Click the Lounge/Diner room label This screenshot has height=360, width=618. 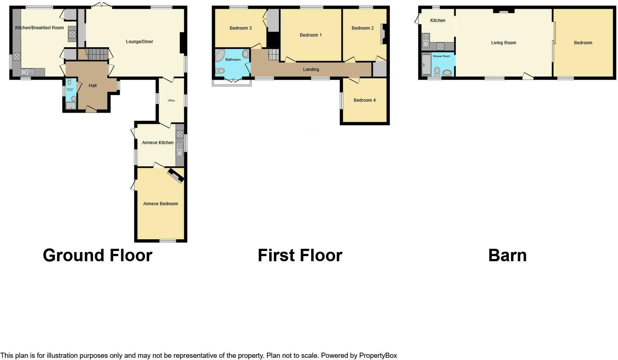139,42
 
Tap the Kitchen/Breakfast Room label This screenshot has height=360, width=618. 40,28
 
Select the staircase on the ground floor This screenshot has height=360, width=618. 97,55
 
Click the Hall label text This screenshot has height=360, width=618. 93,86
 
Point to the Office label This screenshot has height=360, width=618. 171,101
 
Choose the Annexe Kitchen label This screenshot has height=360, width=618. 158,143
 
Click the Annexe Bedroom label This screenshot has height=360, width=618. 160,204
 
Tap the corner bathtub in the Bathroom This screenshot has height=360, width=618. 220,55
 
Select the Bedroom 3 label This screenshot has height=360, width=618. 241,28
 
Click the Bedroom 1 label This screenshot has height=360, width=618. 310,35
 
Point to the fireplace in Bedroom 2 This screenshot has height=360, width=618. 383,34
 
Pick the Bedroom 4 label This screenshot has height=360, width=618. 364,100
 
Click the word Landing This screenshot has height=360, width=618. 311,70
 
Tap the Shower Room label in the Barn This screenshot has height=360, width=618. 441,56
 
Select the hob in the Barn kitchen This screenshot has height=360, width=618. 440,46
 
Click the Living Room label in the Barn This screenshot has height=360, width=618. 503,43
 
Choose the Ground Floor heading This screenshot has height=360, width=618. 97,255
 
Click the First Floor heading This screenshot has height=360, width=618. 300,255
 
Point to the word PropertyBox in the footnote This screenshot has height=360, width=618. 378,356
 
